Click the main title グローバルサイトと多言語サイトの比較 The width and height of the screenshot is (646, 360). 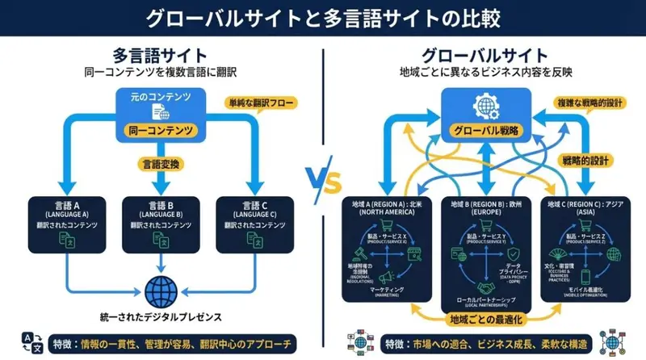tap(323, 17)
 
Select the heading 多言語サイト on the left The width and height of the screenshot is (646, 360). tap(159, 57)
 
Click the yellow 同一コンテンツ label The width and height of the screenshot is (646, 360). tap(160, 129)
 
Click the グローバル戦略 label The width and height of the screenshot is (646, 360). tap(486, 132)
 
